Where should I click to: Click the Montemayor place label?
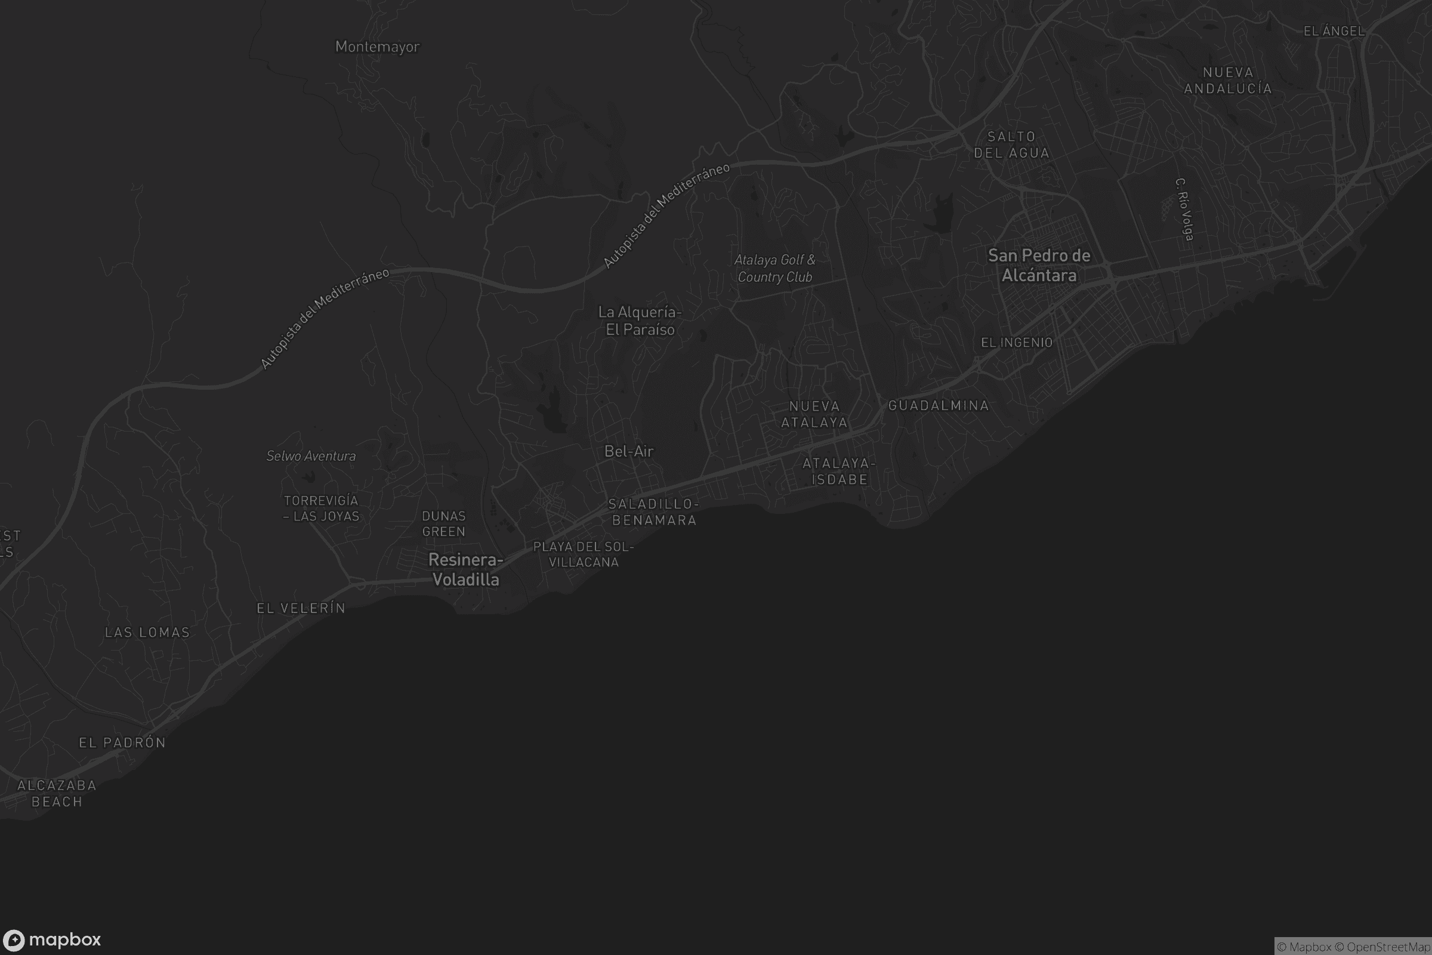pos(377,47)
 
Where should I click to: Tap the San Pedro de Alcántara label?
pos(1039,266)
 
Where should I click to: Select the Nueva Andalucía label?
pos(1227,81)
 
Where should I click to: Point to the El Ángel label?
pos(1334,31)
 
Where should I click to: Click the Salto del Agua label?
pos(1011,145)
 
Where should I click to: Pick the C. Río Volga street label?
pos(1184,209)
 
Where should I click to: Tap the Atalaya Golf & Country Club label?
pos(774,269)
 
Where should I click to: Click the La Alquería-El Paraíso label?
pos(640,321)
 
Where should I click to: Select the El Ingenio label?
pos(1016,343)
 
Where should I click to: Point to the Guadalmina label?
pos(938,406)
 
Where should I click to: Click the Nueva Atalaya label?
pos(814,414)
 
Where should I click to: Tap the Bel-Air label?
pos(628,451)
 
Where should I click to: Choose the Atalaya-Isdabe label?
pos(838,472)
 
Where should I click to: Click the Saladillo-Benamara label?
pos(654,512)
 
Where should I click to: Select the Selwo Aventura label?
pos(310,456)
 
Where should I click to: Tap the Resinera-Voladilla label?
pos(466,569)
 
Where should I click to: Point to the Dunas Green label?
pos(444,524)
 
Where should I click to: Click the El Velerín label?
pos(301,608)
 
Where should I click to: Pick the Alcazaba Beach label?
pos(57,794)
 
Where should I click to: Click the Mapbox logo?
pos(51,939)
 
